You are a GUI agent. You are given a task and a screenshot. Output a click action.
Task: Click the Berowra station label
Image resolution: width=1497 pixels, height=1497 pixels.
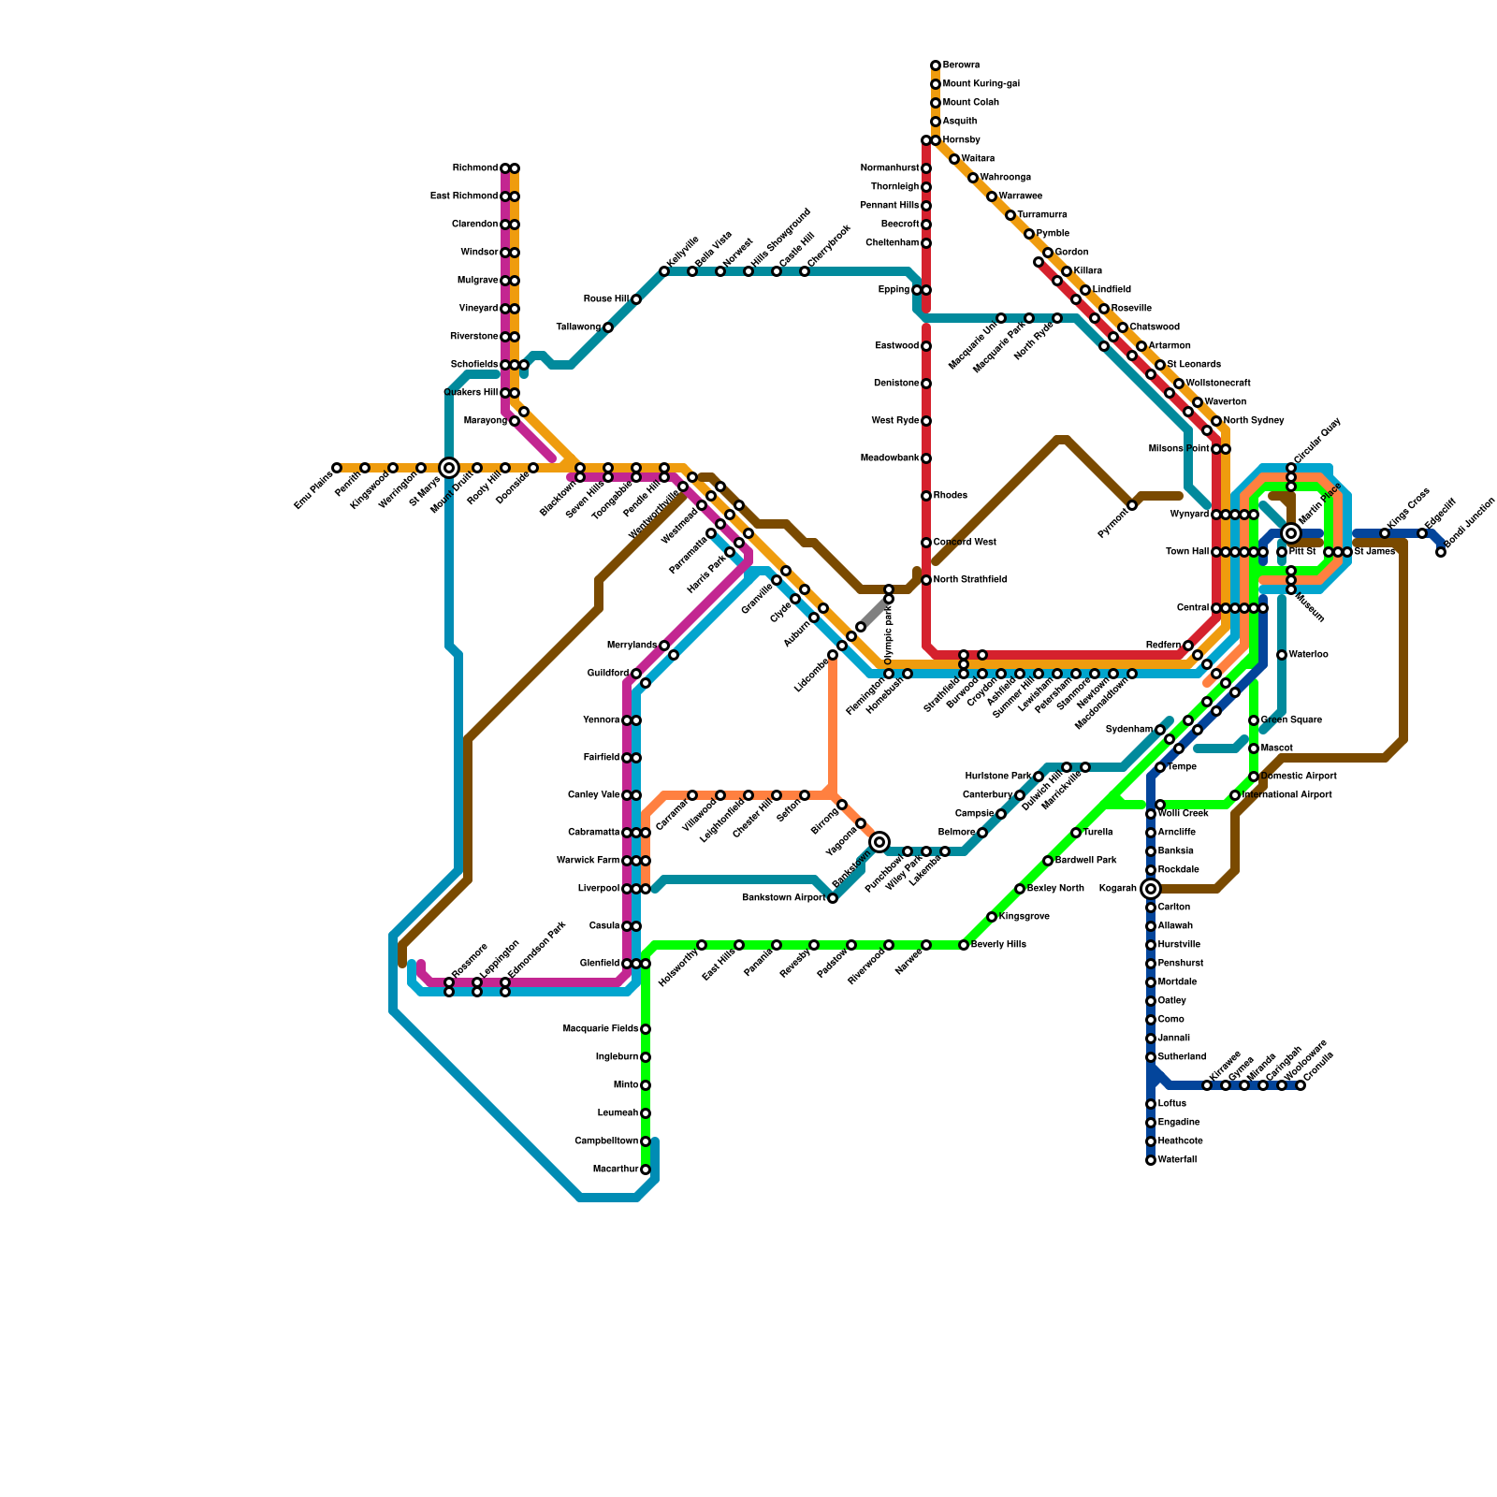[x=961, y=65]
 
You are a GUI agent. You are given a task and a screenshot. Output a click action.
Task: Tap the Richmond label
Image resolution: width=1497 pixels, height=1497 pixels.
[x=475, y=168]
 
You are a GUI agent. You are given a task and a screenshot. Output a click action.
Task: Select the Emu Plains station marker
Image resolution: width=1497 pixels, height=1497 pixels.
[x=337, y=468]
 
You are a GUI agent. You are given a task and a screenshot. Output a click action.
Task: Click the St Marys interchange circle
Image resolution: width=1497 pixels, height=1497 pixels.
[x=449, y=468]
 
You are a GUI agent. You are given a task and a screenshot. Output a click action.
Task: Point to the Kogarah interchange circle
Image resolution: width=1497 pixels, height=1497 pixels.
[x=1151, y=889]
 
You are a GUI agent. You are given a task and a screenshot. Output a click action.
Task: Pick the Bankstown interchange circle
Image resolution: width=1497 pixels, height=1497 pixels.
[x=879, y=842]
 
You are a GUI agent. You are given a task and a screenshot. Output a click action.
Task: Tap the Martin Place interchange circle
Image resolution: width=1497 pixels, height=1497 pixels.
[x=1291, y=533]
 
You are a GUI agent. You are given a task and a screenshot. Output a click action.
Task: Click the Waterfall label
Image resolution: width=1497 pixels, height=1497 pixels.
[x=1177, y=1160]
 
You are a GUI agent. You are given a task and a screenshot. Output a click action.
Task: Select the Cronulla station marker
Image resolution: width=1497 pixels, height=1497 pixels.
[x=1301, y=1085]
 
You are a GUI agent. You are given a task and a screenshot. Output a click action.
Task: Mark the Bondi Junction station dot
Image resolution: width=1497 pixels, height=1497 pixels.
[x=1441, y=552]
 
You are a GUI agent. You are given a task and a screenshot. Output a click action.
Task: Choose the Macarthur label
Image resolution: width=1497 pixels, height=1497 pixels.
[x=616, y=1170]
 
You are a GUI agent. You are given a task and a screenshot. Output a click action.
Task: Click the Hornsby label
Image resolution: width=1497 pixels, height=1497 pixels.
[x=962, y=140]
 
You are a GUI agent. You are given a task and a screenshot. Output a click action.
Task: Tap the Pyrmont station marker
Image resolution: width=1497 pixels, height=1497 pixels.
[x=1132, y=505]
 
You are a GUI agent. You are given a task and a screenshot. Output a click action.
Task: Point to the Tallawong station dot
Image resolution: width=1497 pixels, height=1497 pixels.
[x=608, y=327]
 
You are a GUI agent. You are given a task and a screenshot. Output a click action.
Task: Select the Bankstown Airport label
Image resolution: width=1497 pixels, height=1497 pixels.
[x=784, y=898]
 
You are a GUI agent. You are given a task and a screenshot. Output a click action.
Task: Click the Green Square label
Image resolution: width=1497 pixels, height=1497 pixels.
[x=1291, y=720]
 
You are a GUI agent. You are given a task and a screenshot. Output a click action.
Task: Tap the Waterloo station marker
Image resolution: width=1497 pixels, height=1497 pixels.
[x=1282, y=655]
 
